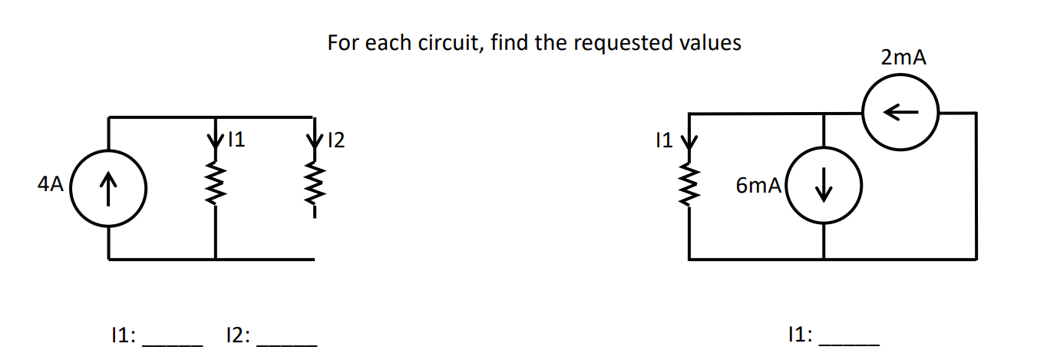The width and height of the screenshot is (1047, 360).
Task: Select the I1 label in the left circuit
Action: pyautogui.click(x=236, y=139)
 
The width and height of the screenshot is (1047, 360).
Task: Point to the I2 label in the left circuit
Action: pyautogui.click(x=336, y=140)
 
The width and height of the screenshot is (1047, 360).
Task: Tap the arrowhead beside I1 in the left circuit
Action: pyautogui.click(x=216, y=141)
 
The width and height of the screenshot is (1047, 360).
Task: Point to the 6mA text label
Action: pyautogui.click(x=758, y=185)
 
